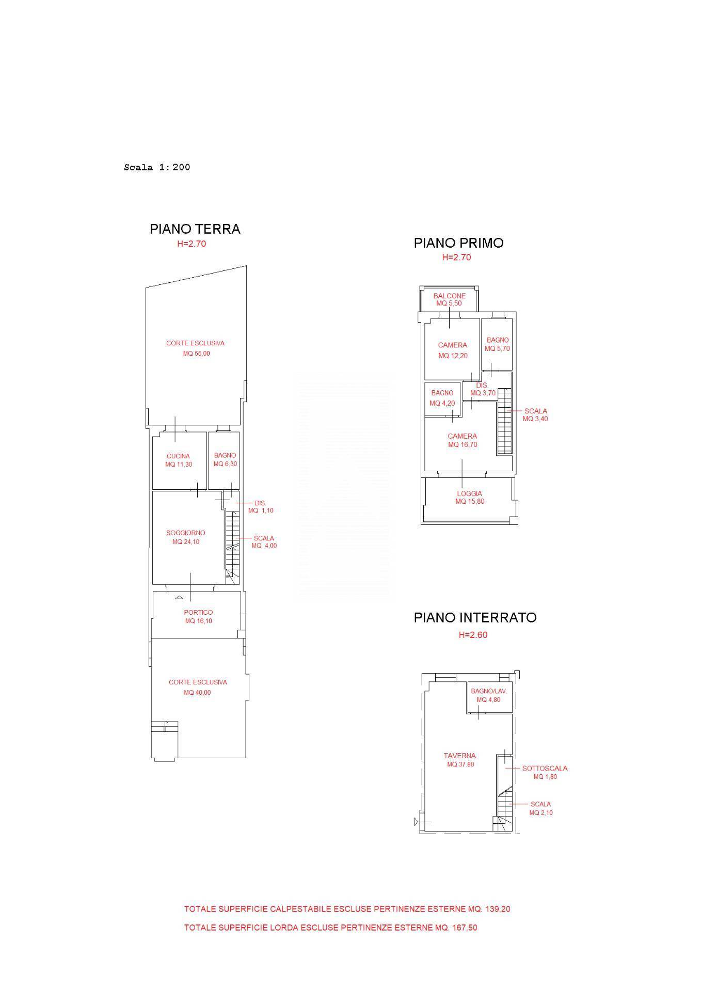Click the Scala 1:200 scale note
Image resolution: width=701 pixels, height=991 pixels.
click(157, 167)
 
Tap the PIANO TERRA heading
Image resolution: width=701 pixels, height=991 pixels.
click(195, 229)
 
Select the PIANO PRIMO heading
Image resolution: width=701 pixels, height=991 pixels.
click(459, 243)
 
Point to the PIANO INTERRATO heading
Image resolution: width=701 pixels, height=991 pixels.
click(475, 618)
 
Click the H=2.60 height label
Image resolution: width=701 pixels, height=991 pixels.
click(473, 635)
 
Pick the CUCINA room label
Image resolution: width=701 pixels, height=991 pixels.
click(178, 456)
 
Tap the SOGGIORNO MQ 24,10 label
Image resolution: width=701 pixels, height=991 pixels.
click(186, 537)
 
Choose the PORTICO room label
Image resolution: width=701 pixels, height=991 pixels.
click(198, 613)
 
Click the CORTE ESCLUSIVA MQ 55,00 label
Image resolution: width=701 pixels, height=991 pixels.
click(196, 348)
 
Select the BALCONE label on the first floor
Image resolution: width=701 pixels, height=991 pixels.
click(450, 296)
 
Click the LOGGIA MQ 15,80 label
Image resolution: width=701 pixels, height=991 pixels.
click(470, 498)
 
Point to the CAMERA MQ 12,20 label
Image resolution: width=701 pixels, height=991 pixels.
click(453, 350)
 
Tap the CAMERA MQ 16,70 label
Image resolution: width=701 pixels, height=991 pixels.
click(463, 440)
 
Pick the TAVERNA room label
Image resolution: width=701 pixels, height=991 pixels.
click(460, 756)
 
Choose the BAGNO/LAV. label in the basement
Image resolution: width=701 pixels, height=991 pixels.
click(489, 691)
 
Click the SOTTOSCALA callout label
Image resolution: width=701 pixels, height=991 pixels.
click(545, 769)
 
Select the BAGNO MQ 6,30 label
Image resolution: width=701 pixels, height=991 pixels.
click(225, 460)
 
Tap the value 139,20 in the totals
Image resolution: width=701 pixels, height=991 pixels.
click(498, 909)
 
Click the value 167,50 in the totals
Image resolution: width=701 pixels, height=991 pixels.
click(465, 928)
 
